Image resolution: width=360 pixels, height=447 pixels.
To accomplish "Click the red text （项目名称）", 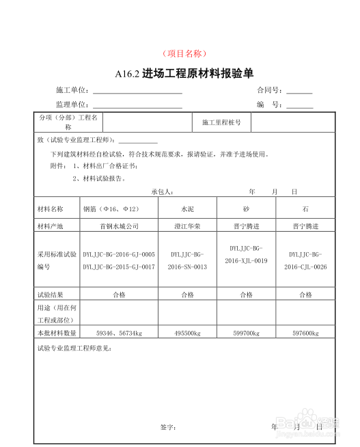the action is tap(184, 53).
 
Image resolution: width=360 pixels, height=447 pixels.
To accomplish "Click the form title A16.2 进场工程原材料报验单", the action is tap(184, 74).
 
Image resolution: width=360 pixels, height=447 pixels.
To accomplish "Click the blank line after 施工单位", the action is tap(137, 92).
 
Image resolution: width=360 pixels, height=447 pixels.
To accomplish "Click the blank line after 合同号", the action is tap(300, 92).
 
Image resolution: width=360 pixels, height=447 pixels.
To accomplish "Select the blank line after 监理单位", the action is tap(137, 107).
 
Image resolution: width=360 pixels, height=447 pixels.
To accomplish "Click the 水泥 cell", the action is tap(187, 208).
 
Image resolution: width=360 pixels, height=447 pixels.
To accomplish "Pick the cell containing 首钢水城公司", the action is tap(119, 226).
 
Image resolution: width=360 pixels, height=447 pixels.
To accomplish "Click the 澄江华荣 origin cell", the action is tap(187, 226).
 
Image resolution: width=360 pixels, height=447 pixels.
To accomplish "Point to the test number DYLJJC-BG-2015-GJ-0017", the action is tap(119, 267).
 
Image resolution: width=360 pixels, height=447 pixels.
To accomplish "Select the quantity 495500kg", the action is tap(187, 333).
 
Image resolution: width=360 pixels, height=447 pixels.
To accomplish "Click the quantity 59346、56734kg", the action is tap(119, 333).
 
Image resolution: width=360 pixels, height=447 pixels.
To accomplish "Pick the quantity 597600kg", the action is tap(305, 333).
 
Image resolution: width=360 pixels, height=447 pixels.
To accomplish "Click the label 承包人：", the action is tap(162, 191).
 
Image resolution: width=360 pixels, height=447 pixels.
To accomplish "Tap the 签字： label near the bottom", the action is tap(168, 427).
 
